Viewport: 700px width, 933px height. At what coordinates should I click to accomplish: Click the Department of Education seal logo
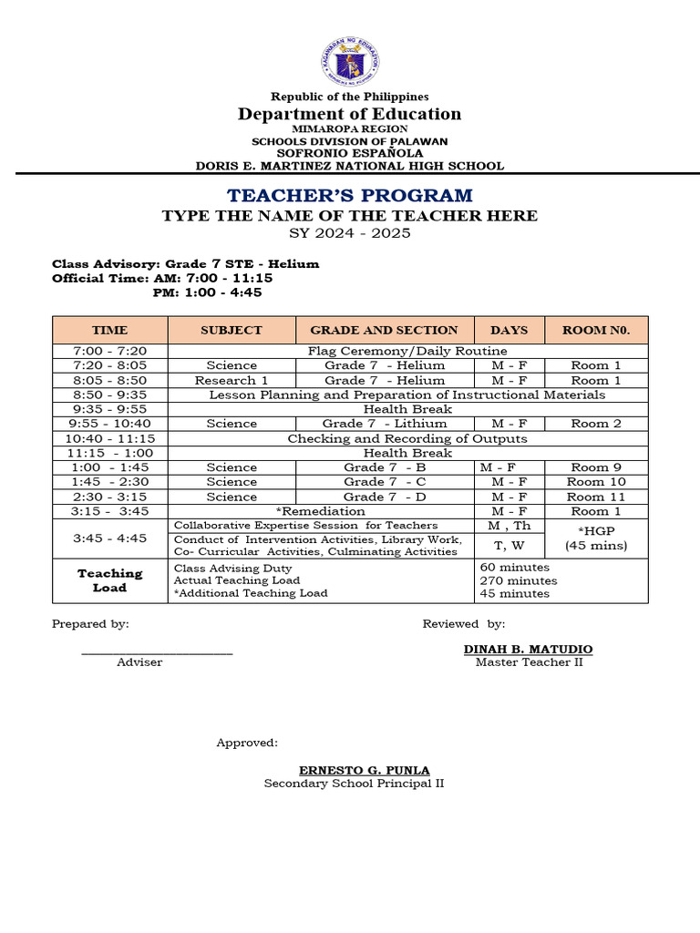[350, 61]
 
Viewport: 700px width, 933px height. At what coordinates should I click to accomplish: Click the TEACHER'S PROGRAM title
[350, 195]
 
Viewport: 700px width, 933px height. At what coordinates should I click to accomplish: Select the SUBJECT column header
[232, 330]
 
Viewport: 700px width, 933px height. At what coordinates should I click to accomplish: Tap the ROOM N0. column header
[596, 330]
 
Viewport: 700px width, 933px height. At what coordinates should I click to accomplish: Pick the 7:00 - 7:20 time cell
[110, 351]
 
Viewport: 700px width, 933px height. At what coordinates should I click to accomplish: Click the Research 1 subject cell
[232, 380]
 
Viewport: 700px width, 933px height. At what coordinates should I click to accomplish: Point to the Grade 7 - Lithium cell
[385, 424]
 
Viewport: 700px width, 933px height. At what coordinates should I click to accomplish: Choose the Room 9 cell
[596, 467]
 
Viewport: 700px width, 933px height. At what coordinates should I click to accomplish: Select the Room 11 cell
[596, 497]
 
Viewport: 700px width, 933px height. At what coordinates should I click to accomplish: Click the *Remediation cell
[321, 511]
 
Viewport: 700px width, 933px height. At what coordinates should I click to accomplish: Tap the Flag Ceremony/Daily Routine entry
[407, 351]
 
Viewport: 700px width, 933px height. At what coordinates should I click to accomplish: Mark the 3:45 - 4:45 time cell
[110, 538]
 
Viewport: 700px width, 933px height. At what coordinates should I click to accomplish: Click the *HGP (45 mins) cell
[596, 538]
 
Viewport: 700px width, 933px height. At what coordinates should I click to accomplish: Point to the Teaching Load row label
[110, 580]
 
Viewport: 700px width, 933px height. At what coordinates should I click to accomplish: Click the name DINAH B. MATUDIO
[528, 649]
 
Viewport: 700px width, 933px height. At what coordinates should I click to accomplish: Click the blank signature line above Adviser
[157, 651]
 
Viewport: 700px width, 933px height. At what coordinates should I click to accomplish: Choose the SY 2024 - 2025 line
[350, 233]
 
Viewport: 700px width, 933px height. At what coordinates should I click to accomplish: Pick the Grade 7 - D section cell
[385, 497]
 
